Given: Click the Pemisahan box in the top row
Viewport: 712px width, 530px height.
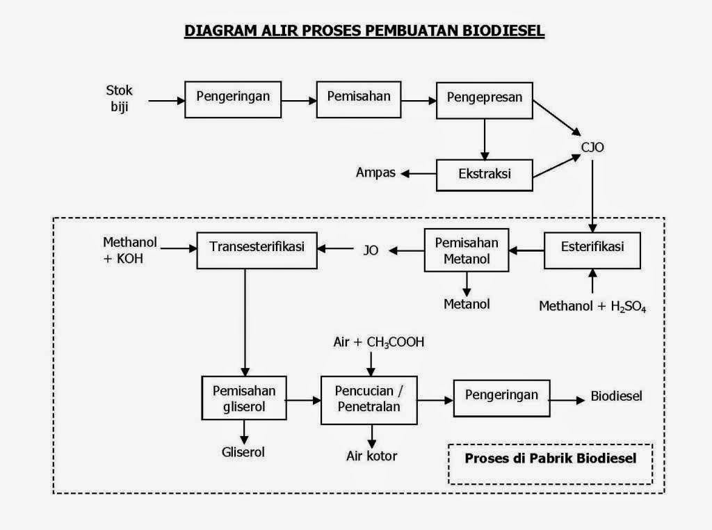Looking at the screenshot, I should [359, 99].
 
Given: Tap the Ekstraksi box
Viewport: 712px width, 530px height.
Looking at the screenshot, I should [485, 175].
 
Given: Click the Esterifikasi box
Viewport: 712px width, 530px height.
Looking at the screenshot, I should [592, 249].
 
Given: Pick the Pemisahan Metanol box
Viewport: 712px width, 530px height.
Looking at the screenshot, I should [467, 251].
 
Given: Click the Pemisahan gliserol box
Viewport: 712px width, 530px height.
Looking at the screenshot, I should [244, 399].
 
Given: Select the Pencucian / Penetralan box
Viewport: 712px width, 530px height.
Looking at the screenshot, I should [369, 399].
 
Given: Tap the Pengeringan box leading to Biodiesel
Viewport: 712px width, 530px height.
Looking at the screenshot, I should [501, 397].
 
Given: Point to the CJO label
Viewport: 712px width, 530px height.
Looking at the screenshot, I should [594, 147].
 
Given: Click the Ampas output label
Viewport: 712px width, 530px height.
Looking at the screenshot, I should [375, 172].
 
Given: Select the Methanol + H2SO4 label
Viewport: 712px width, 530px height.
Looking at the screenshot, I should [593, 306].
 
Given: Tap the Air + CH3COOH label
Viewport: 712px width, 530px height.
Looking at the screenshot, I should [379, 342].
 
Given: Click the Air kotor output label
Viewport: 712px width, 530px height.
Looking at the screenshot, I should [372, 456].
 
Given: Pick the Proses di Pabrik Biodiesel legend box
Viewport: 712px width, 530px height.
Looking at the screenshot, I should [550, 464].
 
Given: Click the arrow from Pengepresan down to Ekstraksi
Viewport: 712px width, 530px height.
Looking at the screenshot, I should [485, 138].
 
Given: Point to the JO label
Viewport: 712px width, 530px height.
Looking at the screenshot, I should [371, 250].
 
